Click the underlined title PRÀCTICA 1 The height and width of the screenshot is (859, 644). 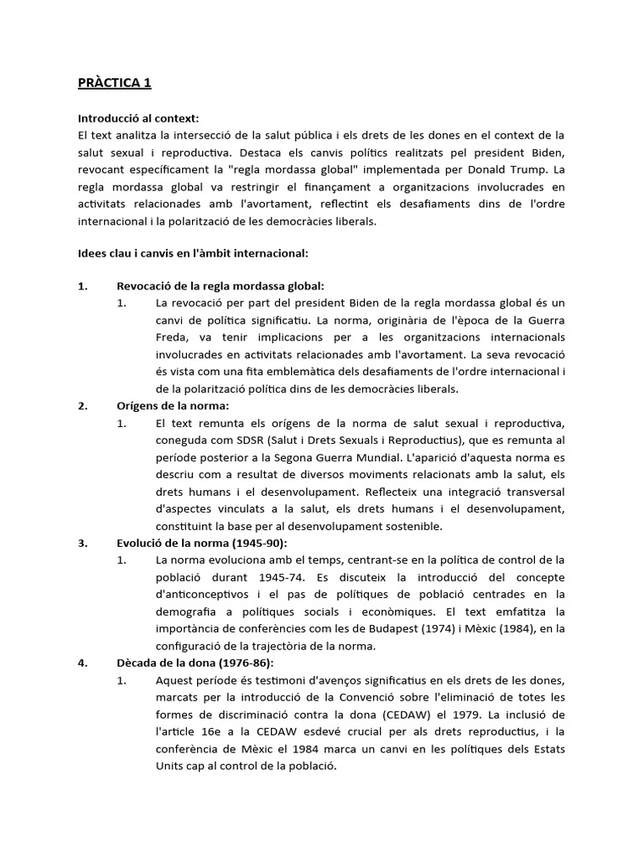(x=114, y=83)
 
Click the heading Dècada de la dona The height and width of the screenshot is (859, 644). (x=184, y=662)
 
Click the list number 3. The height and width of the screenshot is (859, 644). (x=82, y=543)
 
